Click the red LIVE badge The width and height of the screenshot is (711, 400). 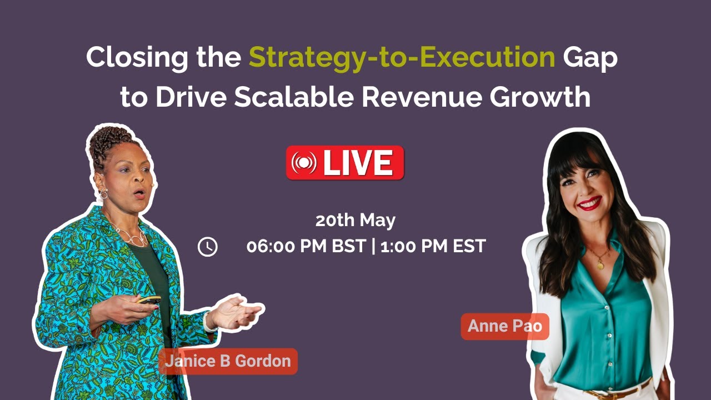point(345,163)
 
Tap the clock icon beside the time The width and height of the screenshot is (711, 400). point(208,247)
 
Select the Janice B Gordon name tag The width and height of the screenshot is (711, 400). point(228,361)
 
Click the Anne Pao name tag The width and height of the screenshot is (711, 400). point(505,326)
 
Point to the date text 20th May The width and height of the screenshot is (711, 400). point(355,221)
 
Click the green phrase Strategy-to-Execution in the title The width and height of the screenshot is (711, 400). point(402,58)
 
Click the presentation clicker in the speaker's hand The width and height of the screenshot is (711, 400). point(149,299)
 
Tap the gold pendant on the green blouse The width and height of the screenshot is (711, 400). point(600,265)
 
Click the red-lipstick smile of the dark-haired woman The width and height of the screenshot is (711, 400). point(589,203)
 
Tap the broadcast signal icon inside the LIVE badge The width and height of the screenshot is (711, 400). point(304,163)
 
